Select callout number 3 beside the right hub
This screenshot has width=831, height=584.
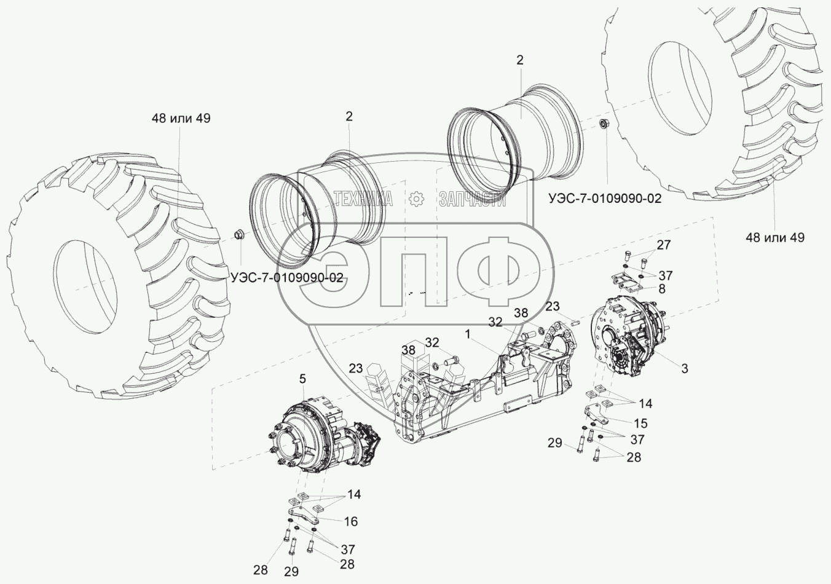tap(684, 368)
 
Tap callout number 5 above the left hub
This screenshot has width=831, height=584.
tap(302, 379)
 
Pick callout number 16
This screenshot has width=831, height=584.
tap(350, 521)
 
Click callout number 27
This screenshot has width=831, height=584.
tap(663, 245)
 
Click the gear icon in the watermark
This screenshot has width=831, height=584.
tap(416, 199)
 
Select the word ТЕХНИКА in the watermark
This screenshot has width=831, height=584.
tap(363, 199)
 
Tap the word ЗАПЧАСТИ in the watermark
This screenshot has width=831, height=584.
tap(472, 199)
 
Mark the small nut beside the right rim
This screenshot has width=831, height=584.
tap(604, 125)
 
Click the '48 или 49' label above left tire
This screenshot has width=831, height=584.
tap(181, 118)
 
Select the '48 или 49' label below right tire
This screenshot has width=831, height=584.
tap(774, 237)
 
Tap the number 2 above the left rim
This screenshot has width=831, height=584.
tap(349, 116)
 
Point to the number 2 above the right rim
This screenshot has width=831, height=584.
tap(520, 60)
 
